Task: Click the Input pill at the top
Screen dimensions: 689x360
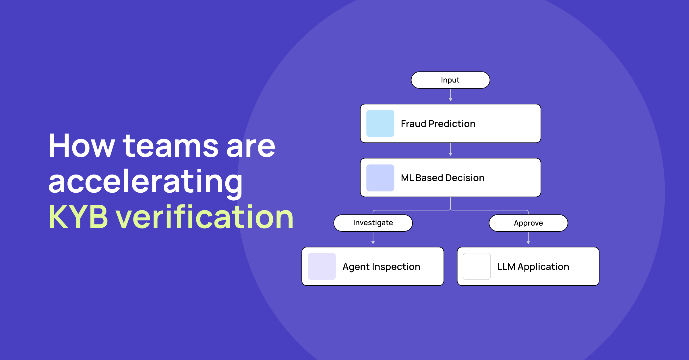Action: coord(450,80)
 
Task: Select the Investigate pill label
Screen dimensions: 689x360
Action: coord(373,223)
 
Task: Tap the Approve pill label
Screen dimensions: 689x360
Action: coord(528,223)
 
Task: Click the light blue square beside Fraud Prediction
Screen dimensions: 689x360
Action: coord(380,123)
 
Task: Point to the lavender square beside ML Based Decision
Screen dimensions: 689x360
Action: coord(380,178)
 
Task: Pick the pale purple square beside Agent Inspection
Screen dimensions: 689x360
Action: coord(322,266)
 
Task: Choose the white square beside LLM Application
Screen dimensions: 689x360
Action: coord(477,266)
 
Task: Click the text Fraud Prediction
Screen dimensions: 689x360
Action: coord(438,124)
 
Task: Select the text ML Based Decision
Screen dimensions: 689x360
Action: coord(443,178)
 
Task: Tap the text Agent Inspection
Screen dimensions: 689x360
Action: coord(381,267)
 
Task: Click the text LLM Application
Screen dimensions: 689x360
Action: coord(533,267)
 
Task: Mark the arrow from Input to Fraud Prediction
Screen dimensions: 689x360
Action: coord(450,95)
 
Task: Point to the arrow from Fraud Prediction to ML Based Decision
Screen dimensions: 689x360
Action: coord(450,149)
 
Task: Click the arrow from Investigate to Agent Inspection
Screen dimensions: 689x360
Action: coord(373,238)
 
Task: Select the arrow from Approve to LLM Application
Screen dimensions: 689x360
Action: coord(528,238)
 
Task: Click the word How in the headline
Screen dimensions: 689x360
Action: coord(82,146)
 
